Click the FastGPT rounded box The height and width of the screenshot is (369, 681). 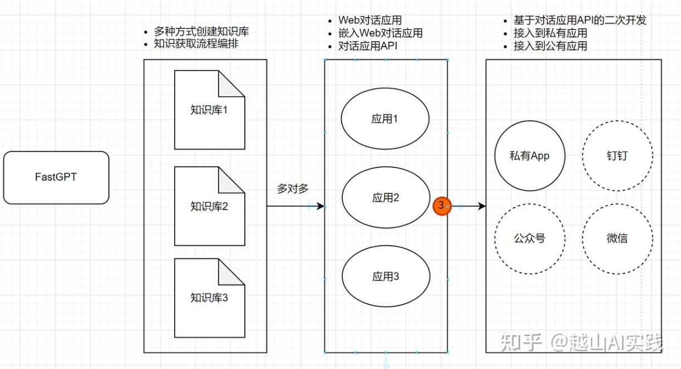coord(56,178)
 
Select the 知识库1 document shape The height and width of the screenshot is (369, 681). coord(209,110)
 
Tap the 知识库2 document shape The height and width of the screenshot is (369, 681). coord(209,207)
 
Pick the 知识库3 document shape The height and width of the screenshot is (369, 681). coord(209,298)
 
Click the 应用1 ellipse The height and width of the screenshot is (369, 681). coord(385,119)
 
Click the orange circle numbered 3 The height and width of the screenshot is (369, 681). coord(441,206)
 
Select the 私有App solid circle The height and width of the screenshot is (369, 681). coord(529,156)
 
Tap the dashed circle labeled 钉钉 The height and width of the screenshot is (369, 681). coord(617,156)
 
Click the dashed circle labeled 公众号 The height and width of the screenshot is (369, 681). coord(529,238)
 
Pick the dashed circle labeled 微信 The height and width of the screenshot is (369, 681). coord(617,238)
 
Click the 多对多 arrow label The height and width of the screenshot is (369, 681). coord(293,188)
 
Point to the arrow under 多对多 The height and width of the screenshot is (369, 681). coord(295,206)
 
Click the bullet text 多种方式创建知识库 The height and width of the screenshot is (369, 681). coord(201,32)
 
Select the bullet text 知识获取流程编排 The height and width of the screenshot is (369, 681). coord(196,43)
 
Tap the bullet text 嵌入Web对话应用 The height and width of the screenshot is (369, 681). coord(380,33)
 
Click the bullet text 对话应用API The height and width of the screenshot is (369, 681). coord(368,46)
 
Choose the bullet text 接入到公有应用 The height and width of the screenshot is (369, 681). coord(550,46)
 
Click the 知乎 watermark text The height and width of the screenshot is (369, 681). coord(521,342)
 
